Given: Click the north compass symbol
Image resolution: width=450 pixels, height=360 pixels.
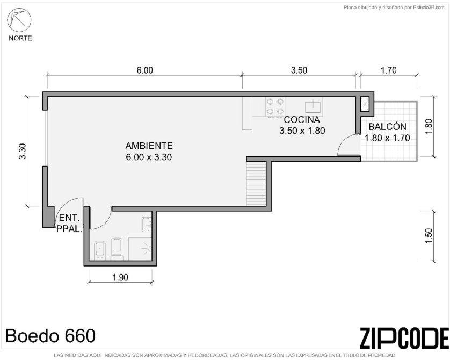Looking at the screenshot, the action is [19, 19].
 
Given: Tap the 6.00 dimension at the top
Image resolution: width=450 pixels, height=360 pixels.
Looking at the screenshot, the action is [144, 70].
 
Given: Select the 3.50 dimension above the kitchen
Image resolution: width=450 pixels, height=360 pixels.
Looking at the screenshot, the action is [299, 70].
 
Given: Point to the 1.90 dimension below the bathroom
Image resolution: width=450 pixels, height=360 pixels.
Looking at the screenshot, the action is [120, 278].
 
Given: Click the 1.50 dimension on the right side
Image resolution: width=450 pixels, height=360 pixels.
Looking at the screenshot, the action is [429, 236].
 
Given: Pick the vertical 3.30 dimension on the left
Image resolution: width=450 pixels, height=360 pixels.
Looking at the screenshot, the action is [23, 152].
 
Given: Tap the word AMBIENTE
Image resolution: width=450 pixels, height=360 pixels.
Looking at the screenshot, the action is [149, 146].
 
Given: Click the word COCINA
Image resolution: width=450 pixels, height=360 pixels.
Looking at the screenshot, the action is [302, 119].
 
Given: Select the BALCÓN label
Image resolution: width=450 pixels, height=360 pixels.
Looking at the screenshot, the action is [387, 127].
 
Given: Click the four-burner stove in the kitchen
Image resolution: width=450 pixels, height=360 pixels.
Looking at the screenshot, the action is [275, 106].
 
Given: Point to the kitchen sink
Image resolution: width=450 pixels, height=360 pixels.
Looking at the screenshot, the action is [313, 106].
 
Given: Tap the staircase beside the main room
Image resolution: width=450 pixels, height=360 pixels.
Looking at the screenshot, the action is [256, 183].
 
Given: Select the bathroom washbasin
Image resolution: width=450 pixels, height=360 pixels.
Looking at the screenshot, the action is [147, 224].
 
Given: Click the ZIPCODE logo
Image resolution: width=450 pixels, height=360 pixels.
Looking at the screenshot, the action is [404, 337].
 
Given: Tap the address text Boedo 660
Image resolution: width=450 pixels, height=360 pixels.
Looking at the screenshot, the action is [50, 336].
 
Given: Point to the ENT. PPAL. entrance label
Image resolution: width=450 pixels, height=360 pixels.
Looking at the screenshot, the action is [69, 224].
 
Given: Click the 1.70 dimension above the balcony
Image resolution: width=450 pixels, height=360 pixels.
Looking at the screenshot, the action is [389, 70].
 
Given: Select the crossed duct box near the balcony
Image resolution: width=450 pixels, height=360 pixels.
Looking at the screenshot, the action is [365, 104].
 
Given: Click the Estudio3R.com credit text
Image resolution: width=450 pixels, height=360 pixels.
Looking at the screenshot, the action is [394, 8].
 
